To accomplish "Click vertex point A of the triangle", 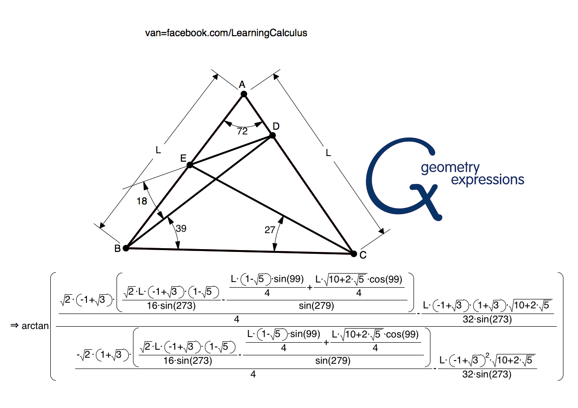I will tap(244, 94).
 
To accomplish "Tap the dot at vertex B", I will tap(126, 248).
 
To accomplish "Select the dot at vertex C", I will tap(353, 254).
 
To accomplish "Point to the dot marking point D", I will tap(272, 135).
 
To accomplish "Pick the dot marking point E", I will tap(190, 165).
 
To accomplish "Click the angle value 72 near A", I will tap(242, 132).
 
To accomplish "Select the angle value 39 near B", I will tap(181, 228).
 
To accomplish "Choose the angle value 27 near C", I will tap(270, 229).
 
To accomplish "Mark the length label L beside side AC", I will tap(328, 153).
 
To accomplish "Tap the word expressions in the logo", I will tap(487, 180).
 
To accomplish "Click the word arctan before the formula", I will tap(35, 325).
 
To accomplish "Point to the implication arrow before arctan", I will tap(14, 325).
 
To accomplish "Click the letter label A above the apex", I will tap(242, 85).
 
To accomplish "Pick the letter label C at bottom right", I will tap(363, 255).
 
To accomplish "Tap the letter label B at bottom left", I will tap(117, 249).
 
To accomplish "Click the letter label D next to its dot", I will tap(276, 126).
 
